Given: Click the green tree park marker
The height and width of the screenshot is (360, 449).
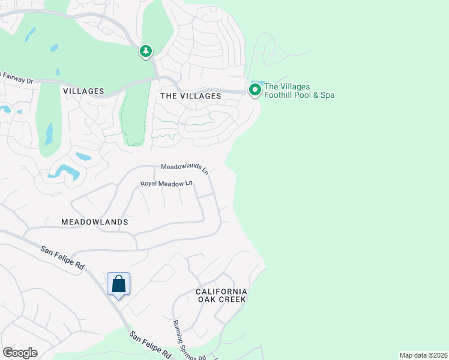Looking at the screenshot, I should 145,52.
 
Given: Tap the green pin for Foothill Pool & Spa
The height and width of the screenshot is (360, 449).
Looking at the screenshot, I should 255,91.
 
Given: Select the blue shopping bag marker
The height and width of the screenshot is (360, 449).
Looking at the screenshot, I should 118,284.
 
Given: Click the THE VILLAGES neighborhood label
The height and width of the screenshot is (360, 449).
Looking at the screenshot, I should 191,96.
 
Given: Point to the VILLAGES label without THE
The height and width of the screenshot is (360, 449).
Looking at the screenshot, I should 83,92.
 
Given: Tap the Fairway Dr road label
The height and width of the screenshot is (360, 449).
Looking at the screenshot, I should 18,77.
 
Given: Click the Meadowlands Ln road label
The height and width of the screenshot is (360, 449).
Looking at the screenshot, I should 184,169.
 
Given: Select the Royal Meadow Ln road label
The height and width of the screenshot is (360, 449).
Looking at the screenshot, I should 166,184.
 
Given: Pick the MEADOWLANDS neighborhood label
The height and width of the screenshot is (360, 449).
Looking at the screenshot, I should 95,222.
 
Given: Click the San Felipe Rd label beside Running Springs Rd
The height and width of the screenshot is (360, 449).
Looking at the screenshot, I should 150,344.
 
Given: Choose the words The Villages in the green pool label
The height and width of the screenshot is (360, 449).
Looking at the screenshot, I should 287,86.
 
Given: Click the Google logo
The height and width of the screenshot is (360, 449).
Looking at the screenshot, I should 20,353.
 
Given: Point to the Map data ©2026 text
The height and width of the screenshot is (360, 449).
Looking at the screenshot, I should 423,355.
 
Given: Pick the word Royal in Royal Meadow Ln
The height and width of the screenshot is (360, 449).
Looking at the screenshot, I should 149,184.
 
